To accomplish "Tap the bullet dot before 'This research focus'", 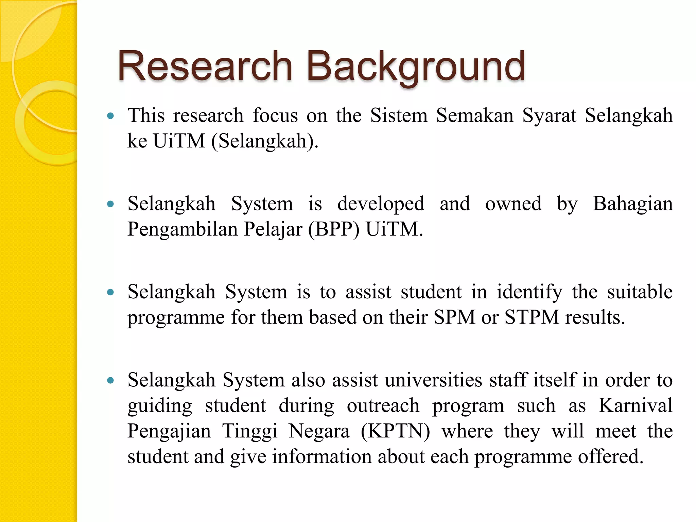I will pos(110,116).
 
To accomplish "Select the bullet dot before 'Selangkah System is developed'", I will pos(110,204).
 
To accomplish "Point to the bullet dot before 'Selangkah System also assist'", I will pos(110,380).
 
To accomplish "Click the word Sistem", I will pos(399,115).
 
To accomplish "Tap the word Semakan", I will pos(475,115).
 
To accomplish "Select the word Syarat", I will pos(549,116).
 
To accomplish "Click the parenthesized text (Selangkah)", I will pos(265,141).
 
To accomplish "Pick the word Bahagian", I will pos(633,204).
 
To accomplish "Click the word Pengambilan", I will pos(182,229).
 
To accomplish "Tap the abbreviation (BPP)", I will pos(334,229).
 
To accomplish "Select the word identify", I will pos(529,292).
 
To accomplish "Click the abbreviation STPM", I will pos(532,317).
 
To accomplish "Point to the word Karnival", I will pos(636,405).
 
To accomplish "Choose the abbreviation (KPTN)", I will pos(395,431).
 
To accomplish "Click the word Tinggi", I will pos(250,431).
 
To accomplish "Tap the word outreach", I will pos(383,405).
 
